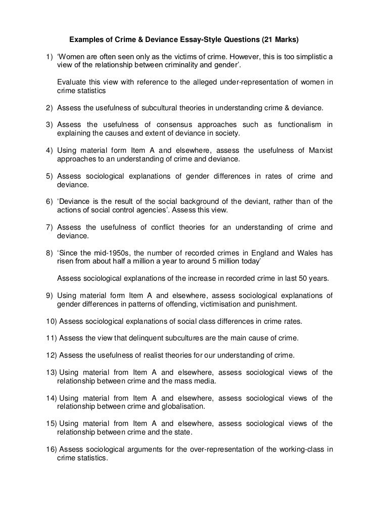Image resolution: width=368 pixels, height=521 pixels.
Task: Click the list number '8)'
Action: [49, 252]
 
